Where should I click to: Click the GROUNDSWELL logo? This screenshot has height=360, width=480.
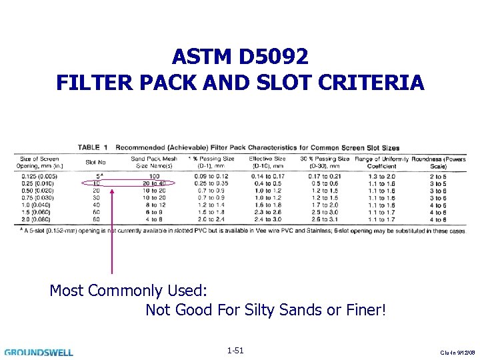pyautogui.click(x=39, y=352)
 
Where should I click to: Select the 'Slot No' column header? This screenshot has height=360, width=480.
pyautogui.click(x=96, y=162)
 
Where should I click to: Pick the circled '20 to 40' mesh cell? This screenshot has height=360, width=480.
pyautogui.click(x=154, y=183)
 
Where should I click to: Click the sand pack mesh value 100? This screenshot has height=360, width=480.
pyautogui.click(x=154, y=176)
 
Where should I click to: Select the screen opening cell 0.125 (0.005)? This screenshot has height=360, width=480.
pyautogui.click(x=39, y=176)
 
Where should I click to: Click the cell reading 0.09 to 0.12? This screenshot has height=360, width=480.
pyautogui.click(x=211, y=176)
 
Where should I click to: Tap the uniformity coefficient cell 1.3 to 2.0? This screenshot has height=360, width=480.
pyautogui.click(x=381, y=176)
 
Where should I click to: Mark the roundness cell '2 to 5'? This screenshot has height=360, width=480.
pyautogui.click(x=438, y=176)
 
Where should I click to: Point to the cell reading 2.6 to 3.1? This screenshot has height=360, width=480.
pyautogui.click(x=325, y=219)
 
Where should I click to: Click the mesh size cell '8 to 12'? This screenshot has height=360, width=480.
pyautogui.click(x=154, y=205)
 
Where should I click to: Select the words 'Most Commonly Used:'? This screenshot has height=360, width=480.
pyautogui.click(x=129, y=291)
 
